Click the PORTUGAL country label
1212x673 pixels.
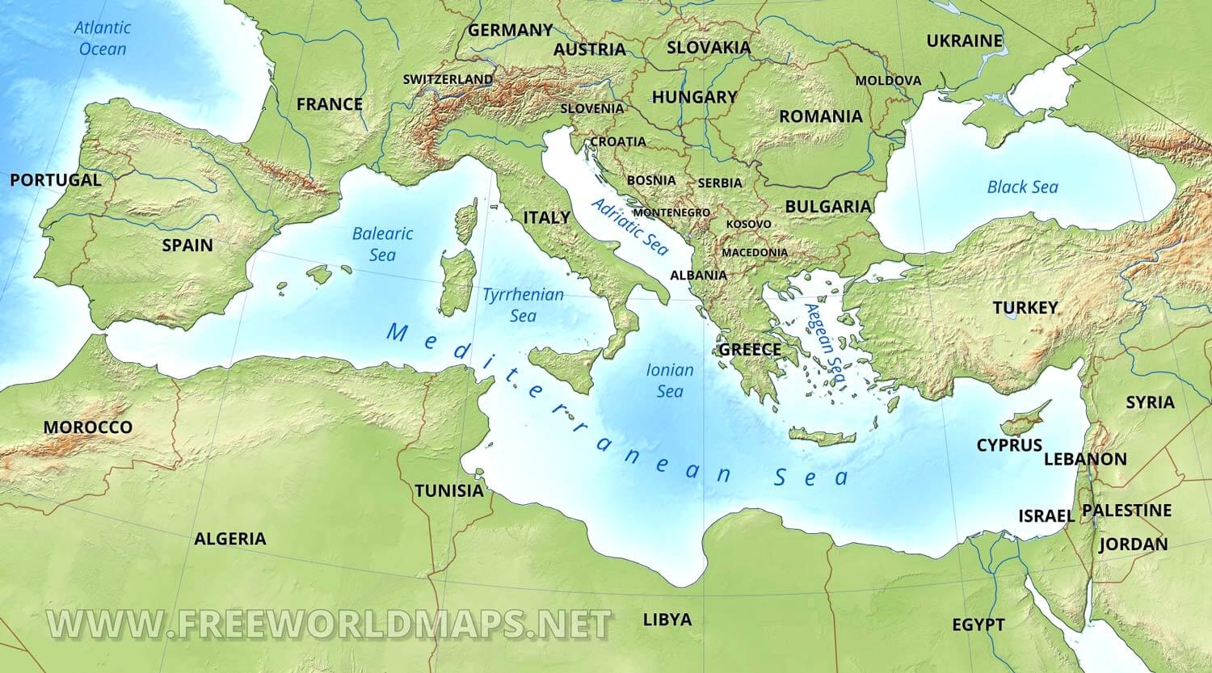pyautogui.click(x=56, y=180)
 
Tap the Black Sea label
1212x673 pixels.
pyautogui.click(x=1022, y=187)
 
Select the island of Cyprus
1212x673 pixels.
pyautogui.click(x=1020, y=424)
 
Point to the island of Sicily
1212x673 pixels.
pyautogui.click(x=566, y=368)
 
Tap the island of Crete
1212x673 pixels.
pyautogui.click(x=823, y=437)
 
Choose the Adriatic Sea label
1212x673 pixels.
pyautogui.click(x=630, y=226)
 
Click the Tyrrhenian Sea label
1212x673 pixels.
pyautogui.click(x=523, y=305)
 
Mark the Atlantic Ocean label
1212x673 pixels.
pyautogui.click(x=103, y=38)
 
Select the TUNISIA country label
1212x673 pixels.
pyautogui.click(x=448, y=490)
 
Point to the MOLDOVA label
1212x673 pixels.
pyautogui.click(x=888, y=80)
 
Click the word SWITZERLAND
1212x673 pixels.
pyautogui.click(x=448, y=79)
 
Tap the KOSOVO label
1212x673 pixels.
pyautogui.click(x=748, y=224)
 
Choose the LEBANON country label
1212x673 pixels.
pyautogui.click(x=1085, y=459)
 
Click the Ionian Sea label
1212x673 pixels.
pyautogui.click(x=670, y=381)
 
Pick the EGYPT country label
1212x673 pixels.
pyautogui.click(x=978, y=625)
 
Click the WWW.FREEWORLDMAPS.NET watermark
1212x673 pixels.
pyautogui.click(x=329, y=623)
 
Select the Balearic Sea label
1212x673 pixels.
pyautogui.click(x=382, y=244)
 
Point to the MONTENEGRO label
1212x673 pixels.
pyautogui.click(x=671, y=212)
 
